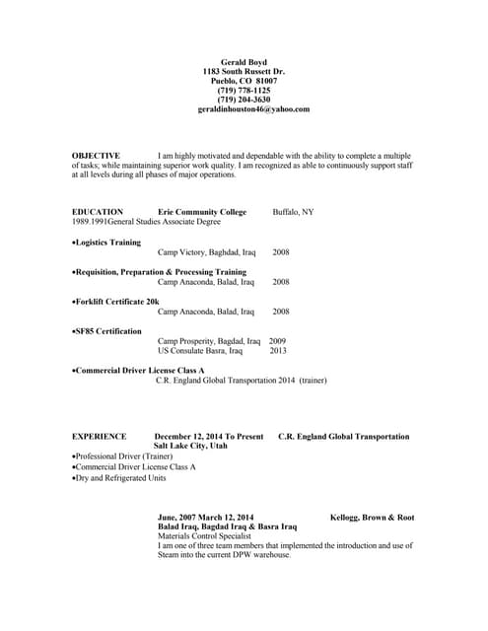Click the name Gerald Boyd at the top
(243, 62)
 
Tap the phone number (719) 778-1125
(243, 91)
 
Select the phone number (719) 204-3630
(243, 100)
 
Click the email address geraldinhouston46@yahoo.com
(253, 109)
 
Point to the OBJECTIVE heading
(97, 156)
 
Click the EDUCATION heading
(98, 212)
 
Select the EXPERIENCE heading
(100, 436)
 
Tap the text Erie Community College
(202, 212)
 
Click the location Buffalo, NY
(293, 212)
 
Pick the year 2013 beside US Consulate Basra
(278, 350)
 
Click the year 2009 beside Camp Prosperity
(278, 341)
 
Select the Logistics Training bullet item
(107, 242)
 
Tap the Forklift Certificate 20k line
(116, 301)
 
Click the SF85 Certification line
(107, 331)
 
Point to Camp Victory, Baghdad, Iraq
(206, 252)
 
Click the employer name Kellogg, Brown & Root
(372, 517)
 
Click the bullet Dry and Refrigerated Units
(119, 478)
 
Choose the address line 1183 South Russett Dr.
(243, 72)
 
